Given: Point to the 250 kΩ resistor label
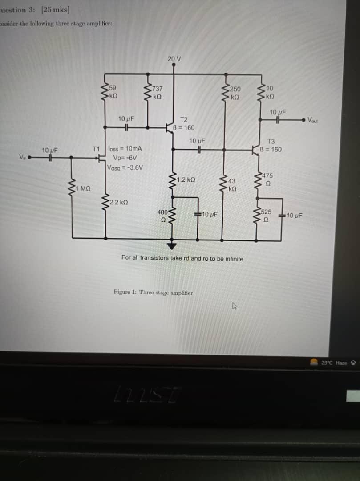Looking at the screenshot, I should [235, 92].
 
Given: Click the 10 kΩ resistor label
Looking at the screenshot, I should [271, 92].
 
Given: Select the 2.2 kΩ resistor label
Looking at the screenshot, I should [119, 202].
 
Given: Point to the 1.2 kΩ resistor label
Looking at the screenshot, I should [186, 179].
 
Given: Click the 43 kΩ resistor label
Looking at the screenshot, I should [232, 185].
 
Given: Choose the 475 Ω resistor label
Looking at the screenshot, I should [268, 179].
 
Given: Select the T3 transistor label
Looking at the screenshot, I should [271, 141].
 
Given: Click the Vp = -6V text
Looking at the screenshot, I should [125, 158].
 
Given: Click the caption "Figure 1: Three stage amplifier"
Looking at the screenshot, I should [153, 293].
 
